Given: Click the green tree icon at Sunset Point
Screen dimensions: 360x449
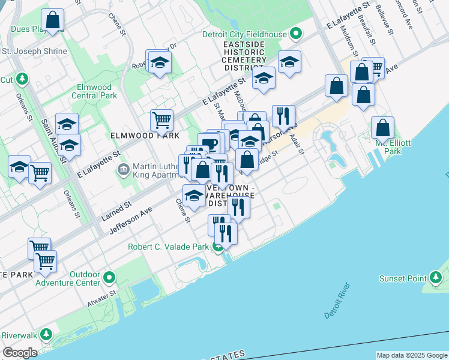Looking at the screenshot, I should pyautogui.click(x=436, y=278).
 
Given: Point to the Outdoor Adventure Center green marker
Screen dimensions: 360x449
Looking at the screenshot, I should pyautogui.click(x=109, y=278).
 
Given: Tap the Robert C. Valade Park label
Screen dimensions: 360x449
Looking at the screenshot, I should pyautogui.click(x=169, y=247).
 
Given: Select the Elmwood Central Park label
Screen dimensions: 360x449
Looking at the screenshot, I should pyautogui.click(x=94, y=91).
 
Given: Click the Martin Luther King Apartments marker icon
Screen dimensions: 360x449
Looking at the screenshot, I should pyautogui.click(x=123, y=170).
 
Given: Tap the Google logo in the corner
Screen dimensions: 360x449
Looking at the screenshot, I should pyautogui.click(x=20, y=353).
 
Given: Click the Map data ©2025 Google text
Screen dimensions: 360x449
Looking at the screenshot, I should pyautogui.click(x=412, y=355).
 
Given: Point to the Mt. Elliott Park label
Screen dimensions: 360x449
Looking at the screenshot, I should pyautogui.click(x=384, y=148).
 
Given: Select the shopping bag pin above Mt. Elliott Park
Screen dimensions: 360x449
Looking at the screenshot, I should pyautogui.click(x=382, y=128).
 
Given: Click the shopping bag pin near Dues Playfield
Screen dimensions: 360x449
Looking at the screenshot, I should pyautogui.click(x=53, y=19).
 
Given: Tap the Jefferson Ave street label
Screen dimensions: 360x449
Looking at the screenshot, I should pyautogui.click(x=130, y=222).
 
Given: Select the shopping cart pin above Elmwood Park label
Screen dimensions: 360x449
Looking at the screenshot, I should pyautogui.click(x=161, y=120).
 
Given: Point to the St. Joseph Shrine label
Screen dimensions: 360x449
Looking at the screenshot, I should pyautogui.click(x=35, y=52).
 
